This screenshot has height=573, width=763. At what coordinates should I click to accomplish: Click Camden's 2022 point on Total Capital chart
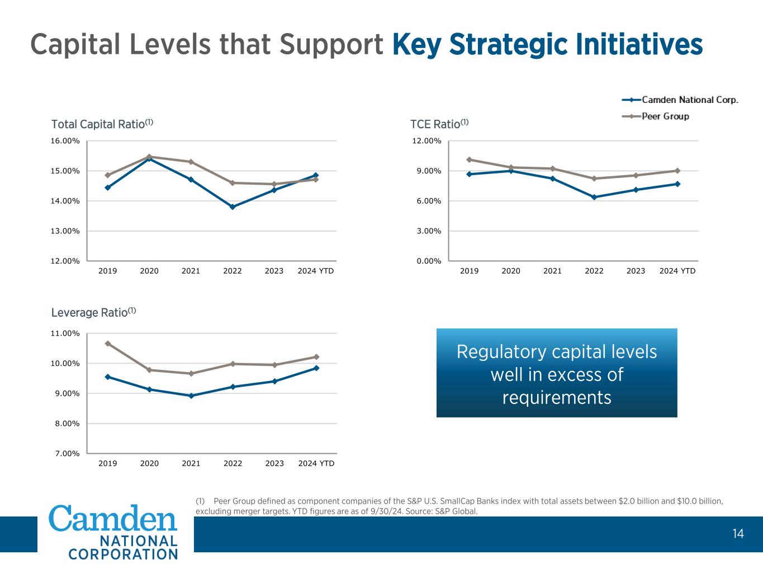(x=233, y=207)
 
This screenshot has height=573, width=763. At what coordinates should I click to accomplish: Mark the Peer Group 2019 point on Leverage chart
(x=108, y=344)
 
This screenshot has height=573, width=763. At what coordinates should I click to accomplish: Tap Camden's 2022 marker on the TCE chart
(x=594, y=197)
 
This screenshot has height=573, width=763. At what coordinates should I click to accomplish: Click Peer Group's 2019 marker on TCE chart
(x=469, y=159)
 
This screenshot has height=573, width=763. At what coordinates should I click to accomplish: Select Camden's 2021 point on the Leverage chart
(x=191, y=396)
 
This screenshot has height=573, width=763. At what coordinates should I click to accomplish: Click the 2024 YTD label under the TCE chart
(x=677, y=271)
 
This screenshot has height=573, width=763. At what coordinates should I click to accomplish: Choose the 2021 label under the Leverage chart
(x=191, y=463)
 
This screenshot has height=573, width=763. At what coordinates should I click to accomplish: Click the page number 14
(x=738, y=534)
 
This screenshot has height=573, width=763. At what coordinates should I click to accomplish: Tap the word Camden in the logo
(x=113, y=518)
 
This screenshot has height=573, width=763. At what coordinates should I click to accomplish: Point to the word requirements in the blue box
(x=557, y=397)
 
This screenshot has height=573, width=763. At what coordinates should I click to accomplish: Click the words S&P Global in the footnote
(x=459, y=511)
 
